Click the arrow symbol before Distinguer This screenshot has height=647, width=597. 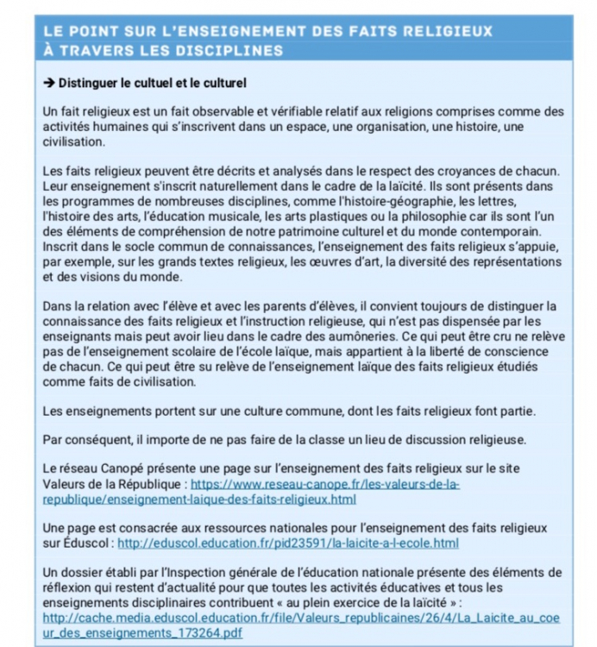click(x=49, y=83)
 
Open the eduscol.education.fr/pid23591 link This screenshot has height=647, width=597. click(x=287, y=543)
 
